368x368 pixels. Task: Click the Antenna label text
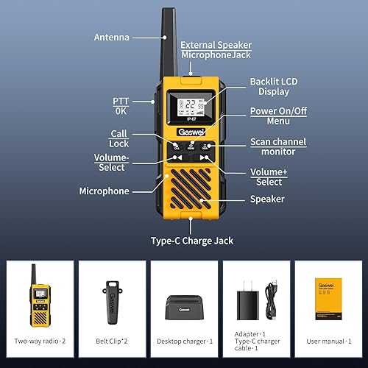click(x=111, y=37)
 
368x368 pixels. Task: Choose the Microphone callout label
click(x=104, y=191)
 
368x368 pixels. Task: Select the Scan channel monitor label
click(x=277, y=146)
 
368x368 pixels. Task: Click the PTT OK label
click(x=121, y=105)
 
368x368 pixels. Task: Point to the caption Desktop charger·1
click(x=184, y=342)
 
